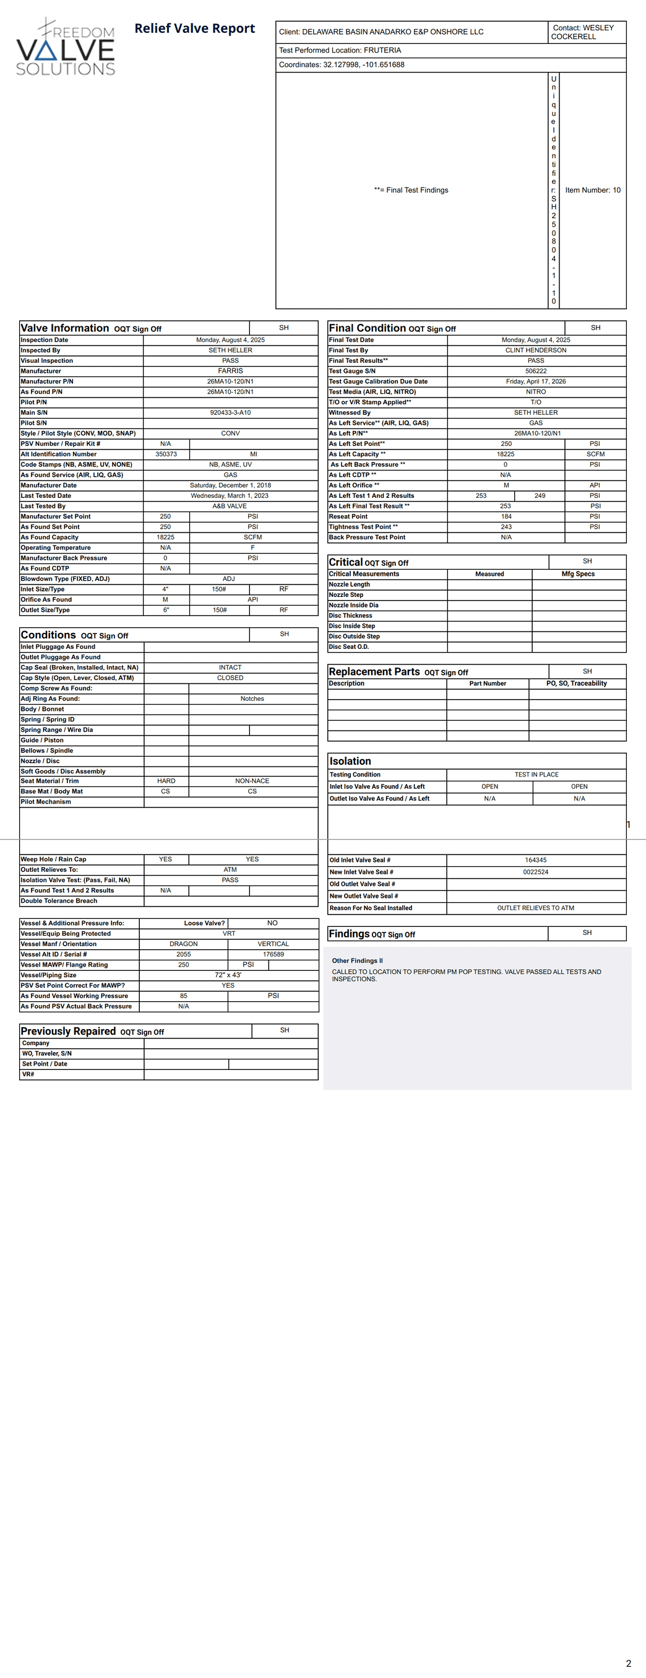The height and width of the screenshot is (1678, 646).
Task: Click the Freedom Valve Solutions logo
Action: click(x=65, y=47)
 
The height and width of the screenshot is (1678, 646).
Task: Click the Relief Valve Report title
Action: click(x=195, y=28)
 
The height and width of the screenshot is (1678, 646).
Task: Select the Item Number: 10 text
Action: click(x=593, y=190)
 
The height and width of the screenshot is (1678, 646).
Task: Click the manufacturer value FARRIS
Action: click(x=231, y=371)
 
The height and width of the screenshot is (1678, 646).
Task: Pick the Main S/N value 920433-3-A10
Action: click(x=231, y=412)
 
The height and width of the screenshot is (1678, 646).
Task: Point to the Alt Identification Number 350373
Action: click(x=166, y=454)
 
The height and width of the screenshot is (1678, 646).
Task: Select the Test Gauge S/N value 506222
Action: click(x=536, y=371)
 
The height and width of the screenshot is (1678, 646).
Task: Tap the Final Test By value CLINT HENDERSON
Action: click(x=536, y=350)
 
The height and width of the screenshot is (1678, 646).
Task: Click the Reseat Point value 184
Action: click(x=506, y=516)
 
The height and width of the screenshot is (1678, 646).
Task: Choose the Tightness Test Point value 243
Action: click(x=506, y=527)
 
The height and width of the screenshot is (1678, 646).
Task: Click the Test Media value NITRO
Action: click(x=536, y=391)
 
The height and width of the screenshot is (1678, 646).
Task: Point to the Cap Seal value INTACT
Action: click(x=230, y=667)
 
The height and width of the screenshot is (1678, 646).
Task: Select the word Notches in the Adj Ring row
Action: click(x=252, y=699)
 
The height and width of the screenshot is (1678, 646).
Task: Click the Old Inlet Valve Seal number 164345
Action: click(x=536, y=860)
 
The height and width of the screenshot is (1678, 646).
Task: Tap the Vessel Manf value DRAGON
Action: click(x=184, y=944)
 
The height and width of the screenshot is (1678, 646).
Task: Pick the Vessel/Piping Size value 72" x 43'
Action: click(x=228, y=975)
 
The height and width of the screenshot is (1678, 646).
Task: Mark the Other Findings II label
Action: click(x=358, y=961)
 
